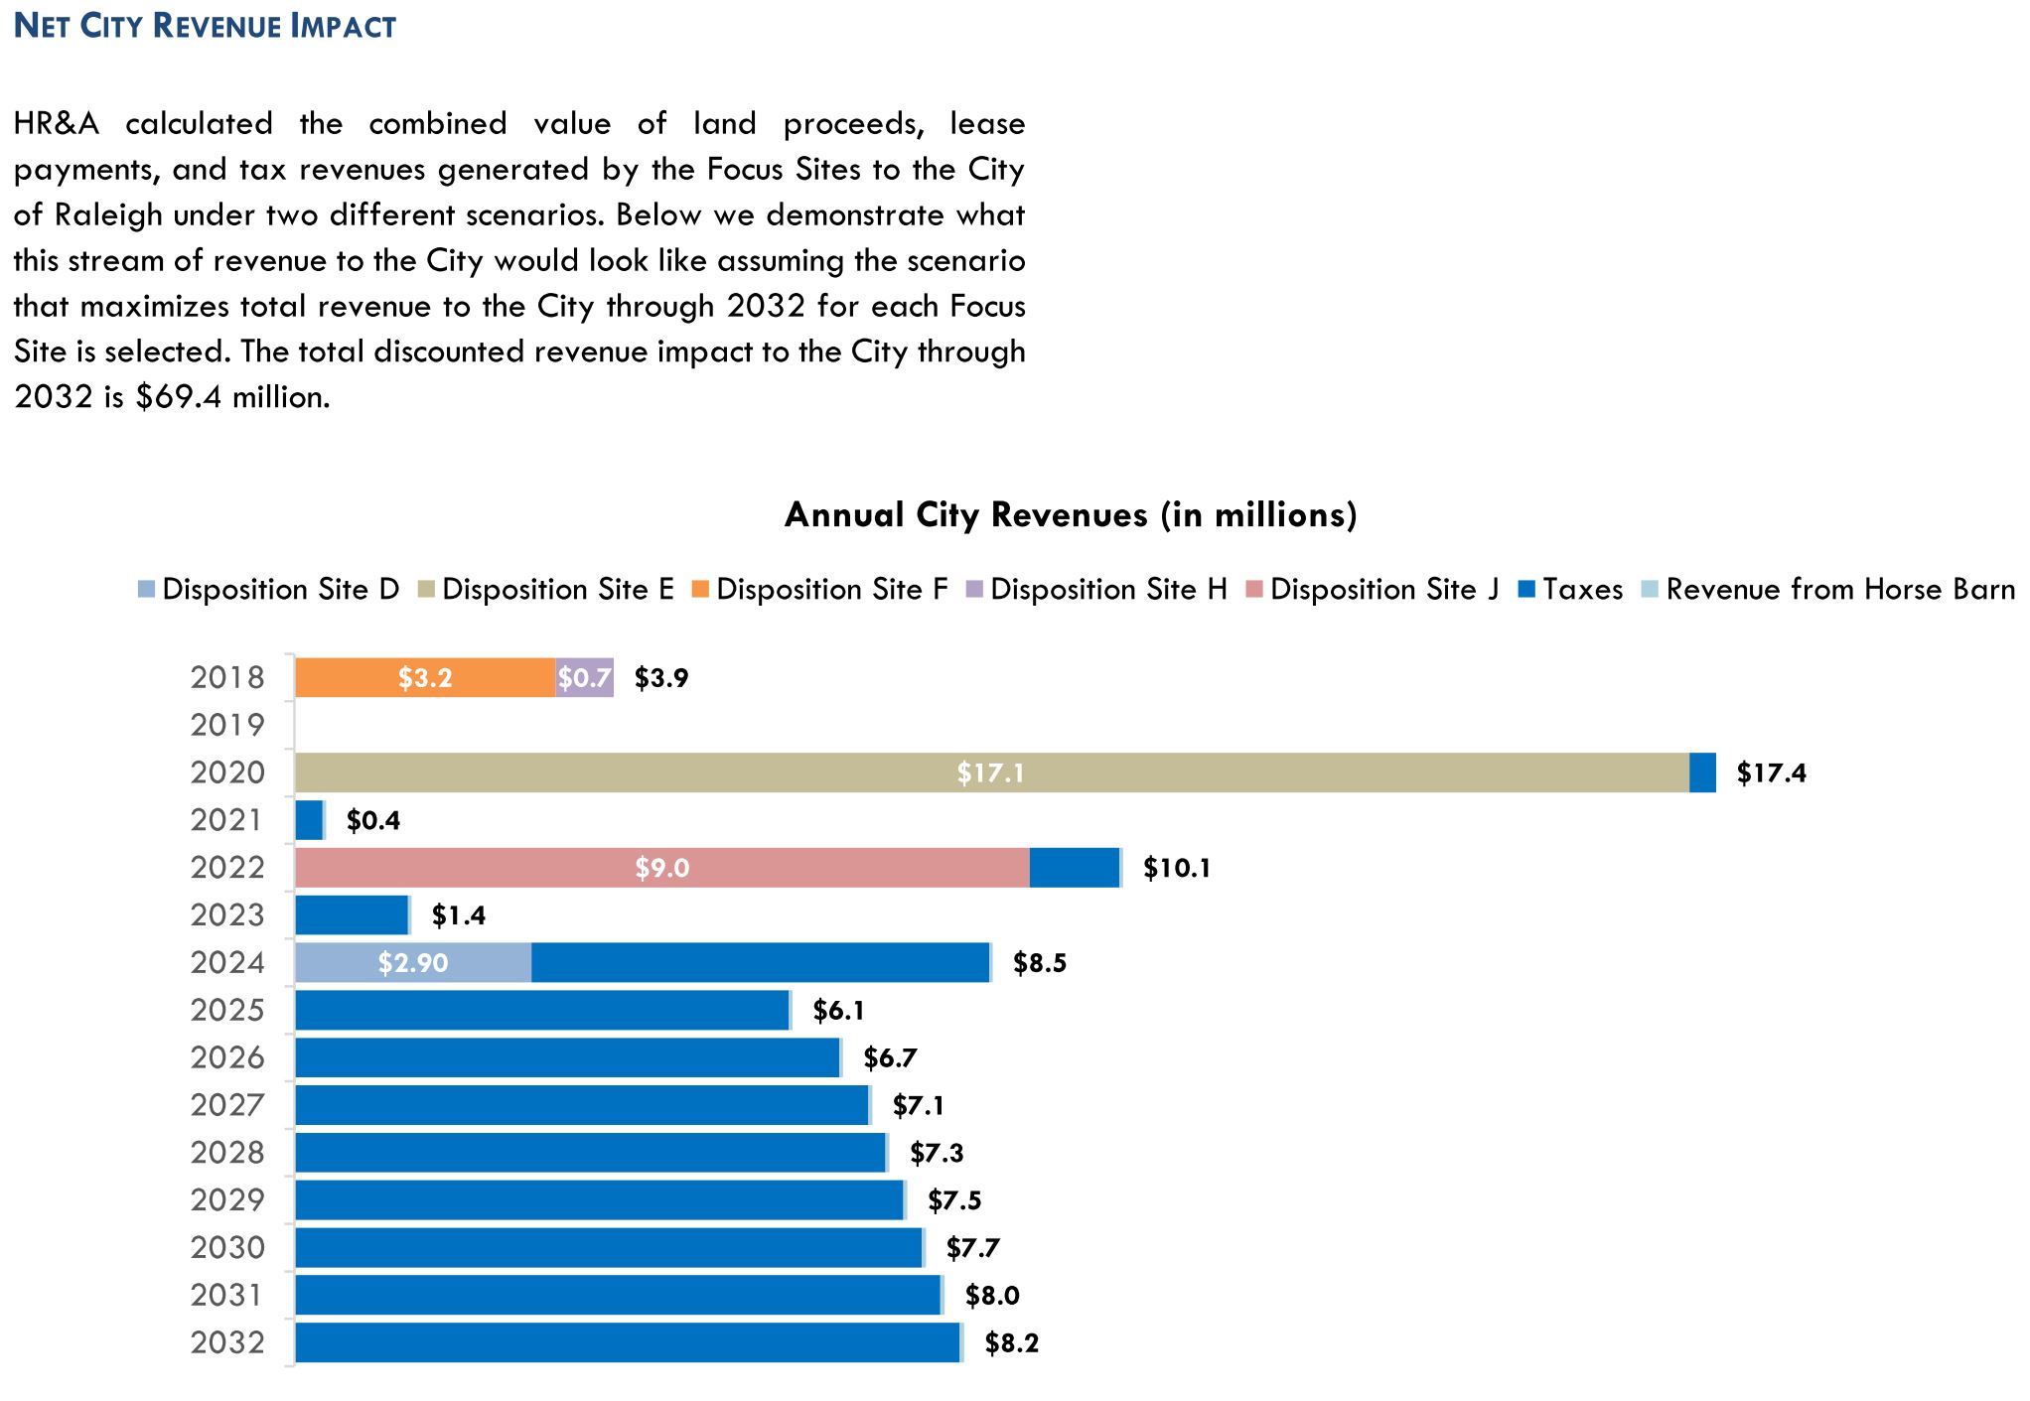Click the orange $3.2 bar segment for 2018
pyautogui.click(x=425, y=677)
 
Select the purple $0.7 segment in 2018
pyautogui.click(x=584, y=677)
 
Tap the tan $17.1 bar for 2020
pyautogui.click(x=991, y=772)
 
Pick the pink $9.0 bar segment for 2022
pyautogui.click(x=662, y=868)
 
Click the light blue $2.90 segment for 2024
pyautogui.click(x=413, y=962)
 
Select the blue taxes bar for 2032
pyautogui.click(x=628, y=1342)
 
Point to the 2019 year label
pyautogui.click(x=227, y=725)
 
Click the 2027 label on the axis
pyautogui.click(x=227, y=1105)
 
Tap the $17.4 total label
pyautogui.click(x=1771, y=772)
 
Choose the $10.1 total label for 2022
pyautogui.click(x=1176, y=868)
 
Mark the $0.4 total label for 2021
pyautogui.click(x=373, y=820)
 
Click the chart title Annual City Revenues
pyautogui.click(x=1071, y=514)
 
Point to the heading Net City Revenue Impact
pyautogui.click(x=206, y=26)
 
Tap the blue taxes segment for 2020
pyautogui.click(x=1702, y=772)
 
